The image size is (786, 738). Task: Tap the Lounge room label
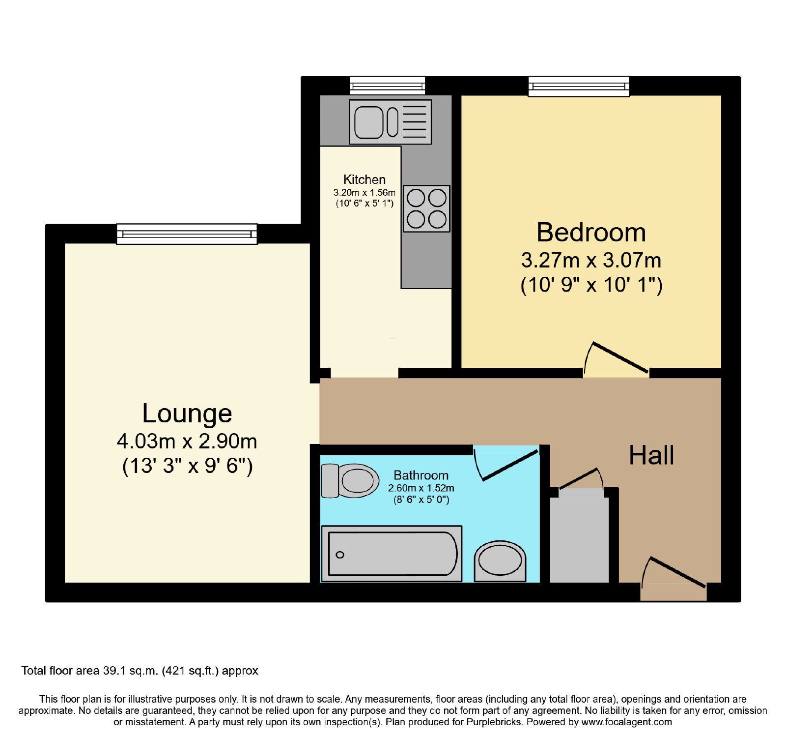click(x=187, y=413)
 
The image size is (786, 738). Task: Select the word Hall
click(x=651, y=455)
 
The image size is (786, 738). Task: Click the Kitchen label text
click(x=365, y=179)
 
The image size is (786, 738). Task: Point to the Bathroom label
click(x=421, y=475)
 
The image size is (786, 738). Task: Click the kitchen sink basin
click(x=368, y=122)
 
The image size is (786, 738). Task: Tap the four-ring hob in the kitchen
click(x=426, y=208)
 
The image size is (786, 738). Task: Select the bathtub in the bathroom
click(x=392, y=554)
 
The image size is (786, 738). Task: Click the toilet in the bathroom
click(x=350, y=480)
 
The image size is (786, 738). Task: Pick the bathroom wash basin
click(x=500, y=561)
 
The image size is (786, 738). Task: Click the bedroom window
click(x=579, y=86)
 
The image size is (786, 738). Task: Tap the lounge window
click(x=187, y=234)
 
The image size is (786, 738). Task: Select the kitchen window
click(x=387, y=86)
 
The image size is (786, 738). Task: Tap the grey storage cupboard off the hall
click(x=579, y=539)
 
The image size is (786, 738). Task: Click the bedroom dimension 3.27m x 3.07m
click(x=591, y=260)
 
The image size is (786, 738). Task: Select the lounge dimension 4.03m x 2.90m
click(x=187, y=441)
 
